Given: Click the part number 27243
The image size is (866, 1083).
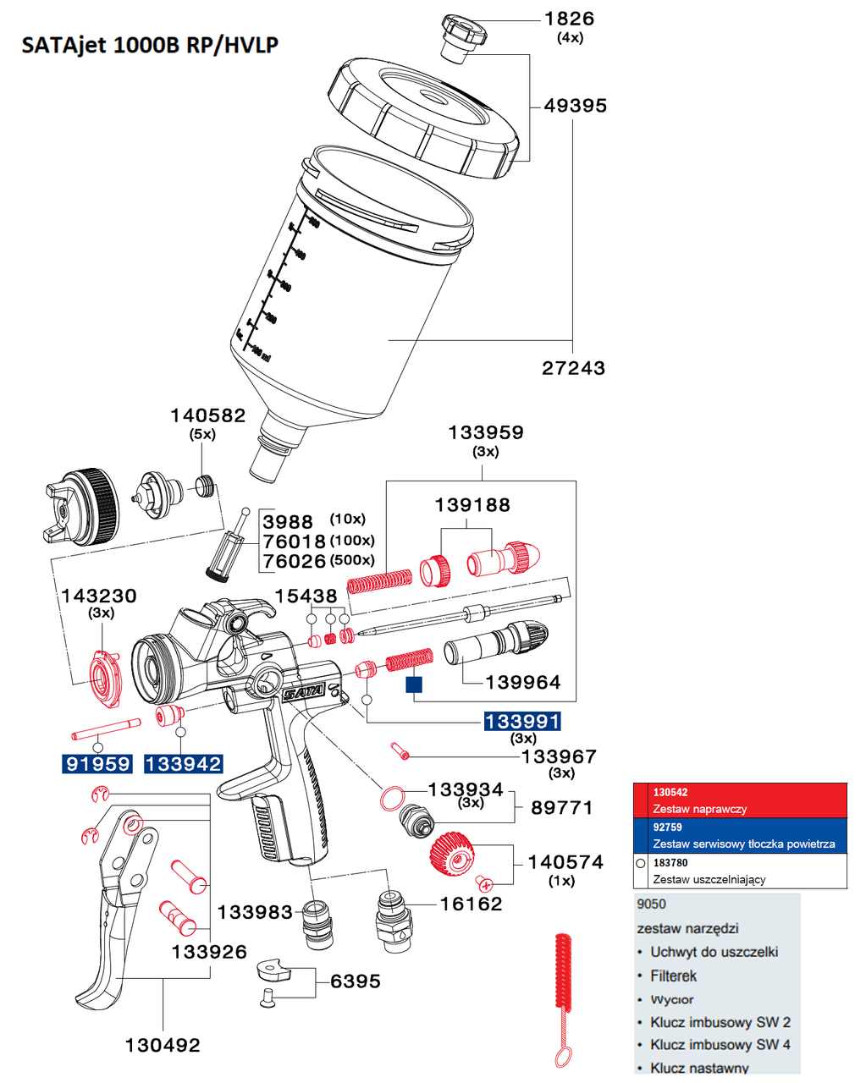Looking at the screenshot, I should click(573, 368).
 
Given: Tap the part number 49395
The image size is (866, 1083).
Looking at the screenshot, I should click(575, 106).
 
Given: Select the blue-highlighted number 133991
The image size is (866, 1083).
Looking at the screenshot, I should click(521, 722).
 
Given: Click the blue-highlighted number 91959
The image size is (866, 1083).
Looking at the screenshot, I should click(98, 765).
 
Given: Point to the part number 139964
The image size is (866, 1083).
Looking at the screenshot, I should click(523, 683).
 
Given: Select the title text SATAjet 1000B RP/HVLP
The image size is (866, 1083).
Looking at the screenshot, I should click(150, 45).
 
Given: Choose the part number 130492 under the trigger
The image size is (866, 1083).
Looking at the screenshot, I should click(163, 1046).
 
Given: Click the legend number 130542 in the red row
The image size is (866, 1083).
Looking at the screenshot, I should click(670, 793).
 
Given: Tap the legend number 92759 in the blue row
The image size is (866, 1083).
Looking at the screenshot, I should click(667, 827).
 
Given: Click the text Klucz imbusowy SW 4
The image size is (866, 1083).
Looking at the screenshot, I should click(720, 1045).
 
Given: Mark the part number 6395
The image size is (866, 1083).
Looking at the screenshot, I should click(355, 981).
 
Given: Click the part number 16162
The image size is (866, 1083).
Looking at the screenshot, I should click(471, 904).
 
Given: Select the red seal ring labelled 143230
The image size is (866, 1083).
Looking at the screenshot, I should click(105, 677).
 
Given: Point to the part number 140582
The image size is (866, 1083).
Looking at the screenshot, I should click(207, 415).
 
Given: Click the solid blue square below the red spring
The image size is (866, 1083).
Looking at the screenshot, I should click(414, 684).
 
